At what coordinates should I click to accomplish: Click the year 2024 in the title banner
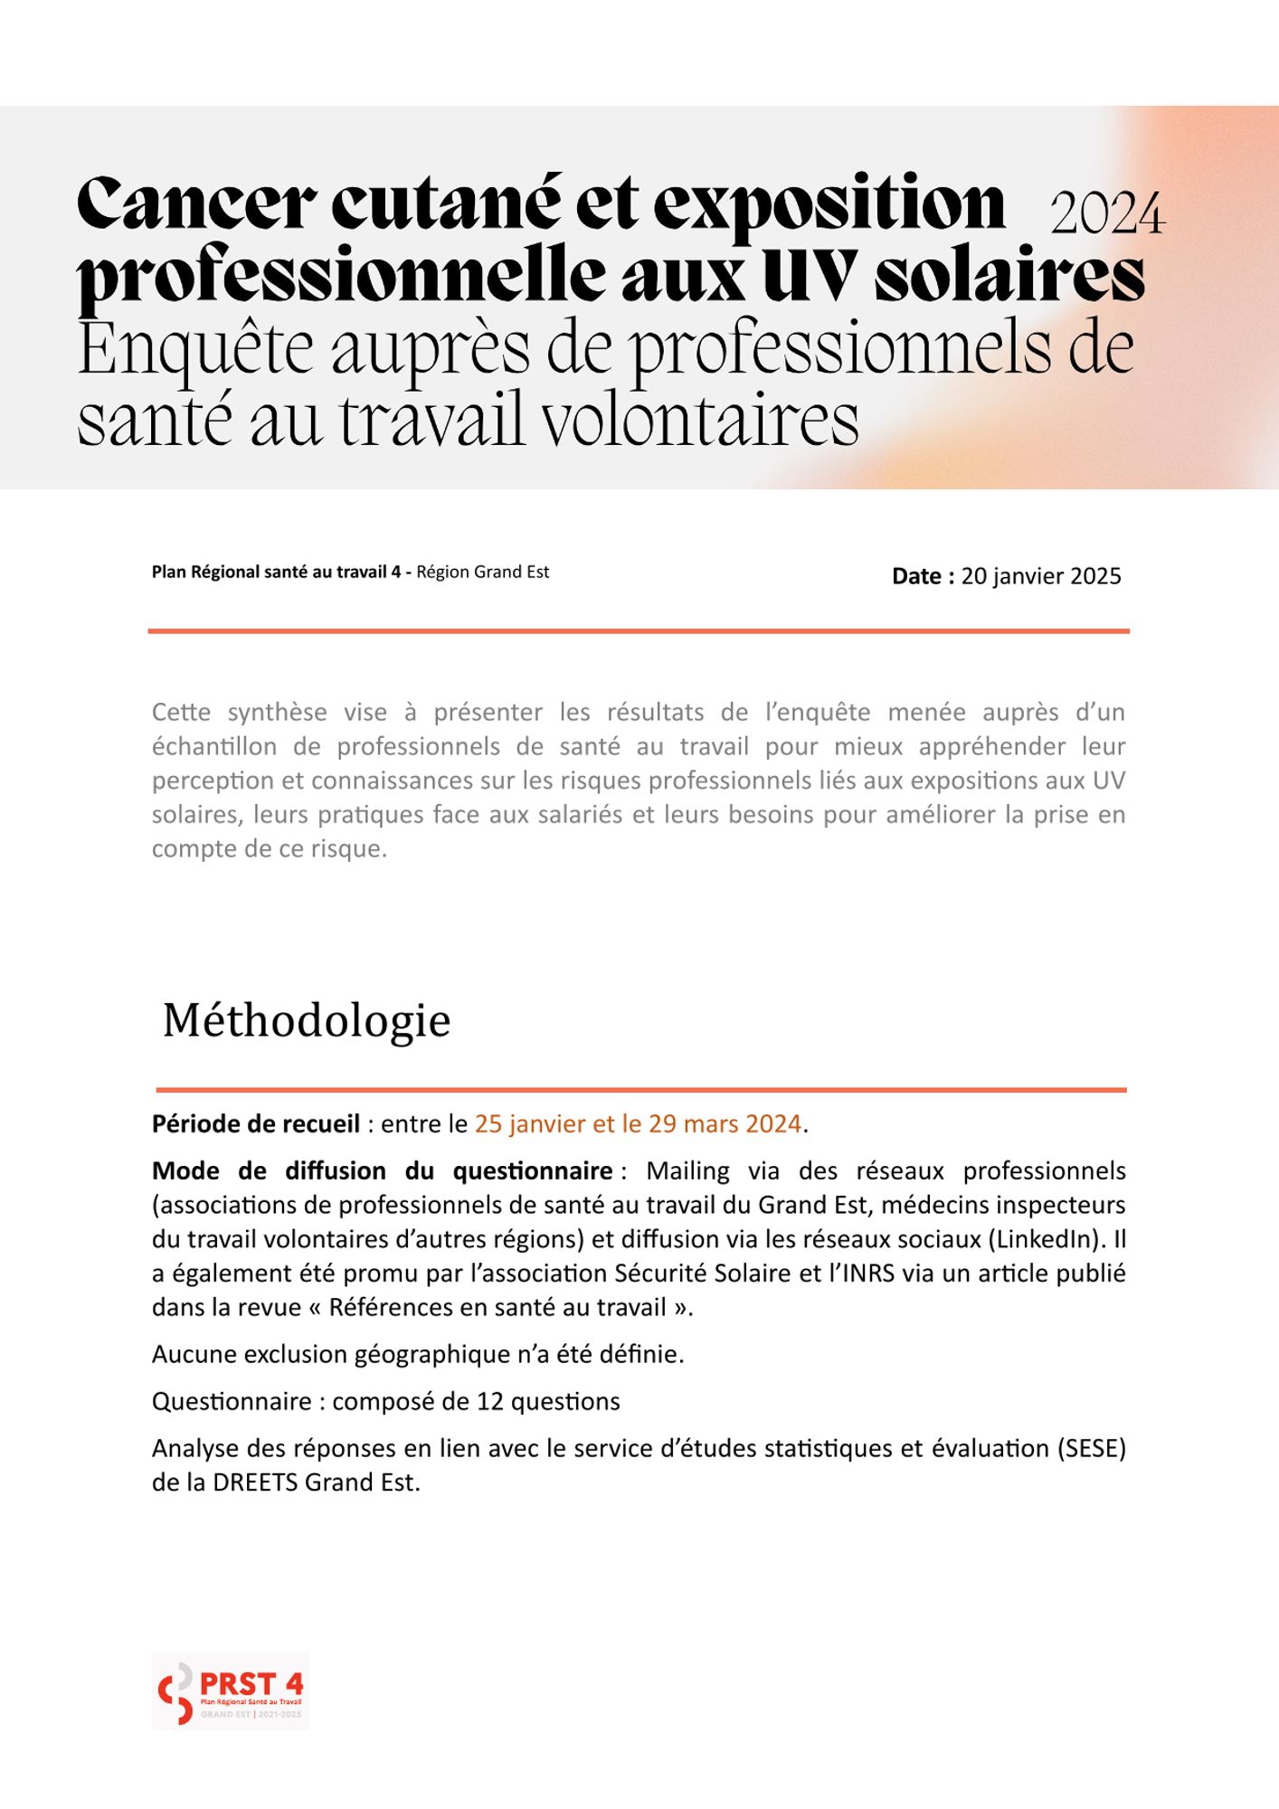[x=1107, y=215]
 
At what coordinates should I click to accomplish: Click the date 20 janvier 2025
[x=1041, y=576]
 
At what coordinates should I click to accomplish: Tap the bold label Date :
[x=923, y=576]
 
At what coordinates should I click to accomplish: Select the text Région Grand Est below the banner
[x=482, y=572]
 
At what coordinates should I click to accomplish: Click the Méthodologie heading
[x=307, y=1020]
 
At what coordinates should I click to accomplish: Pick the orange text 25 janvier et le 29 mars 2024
[x=638, y=1123]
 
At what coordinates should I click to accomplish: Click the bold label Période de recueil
[x=256, y=1123]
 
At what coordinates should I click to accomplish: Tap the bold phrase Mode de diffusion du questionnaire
[x=383, y=1170]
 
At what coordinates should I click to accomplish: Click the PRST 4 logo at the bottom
[x=231, y=1691]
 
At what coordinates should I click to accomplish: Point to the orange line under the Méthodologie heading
[x=640, y=1090]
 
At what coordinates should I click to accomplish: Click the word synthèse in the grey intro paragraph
[x=277, y=712]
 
